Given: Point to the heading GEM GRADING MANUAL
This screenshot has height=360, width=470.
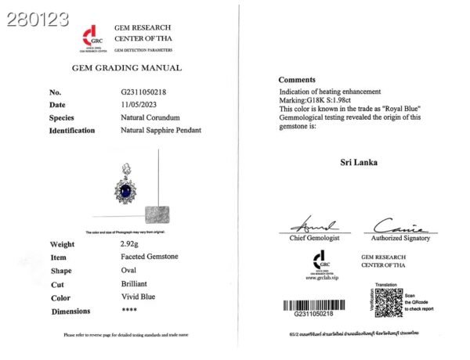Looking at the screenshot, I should pos(126,68).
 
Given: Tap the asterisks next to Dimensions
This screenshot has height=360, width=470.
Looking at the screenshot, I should pos(121,311).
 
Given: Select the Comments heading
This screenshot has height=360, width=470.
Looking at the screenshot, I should pos(297,81).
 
